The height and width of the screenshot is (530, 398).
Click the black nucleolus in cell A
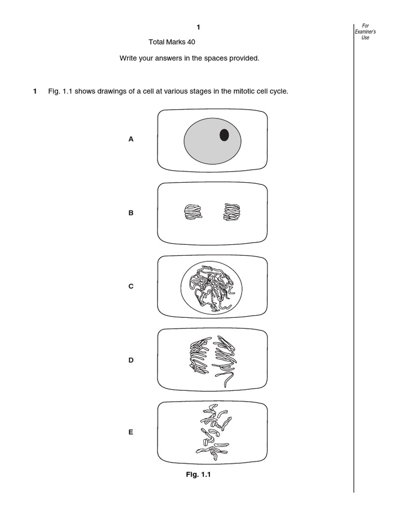coord(224,135)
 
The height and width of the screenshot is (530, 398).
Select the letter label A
coord(131,139)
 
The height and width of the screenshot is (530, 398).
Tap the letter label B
coord(131,213)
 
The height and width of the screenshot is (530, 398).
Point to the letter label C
coord(131,286)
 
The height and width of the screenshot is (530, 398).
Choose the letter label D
coord(131,360)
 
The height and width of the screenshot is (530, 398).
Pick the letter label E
coord(131,432)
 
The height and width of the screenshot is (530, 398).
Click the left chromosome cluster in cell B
coord(192,212)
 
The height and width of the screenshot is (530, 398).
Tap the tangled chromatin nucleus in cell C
coord(212,286)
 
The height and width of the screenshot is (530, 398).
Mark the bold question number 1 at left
coord(35,92)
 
